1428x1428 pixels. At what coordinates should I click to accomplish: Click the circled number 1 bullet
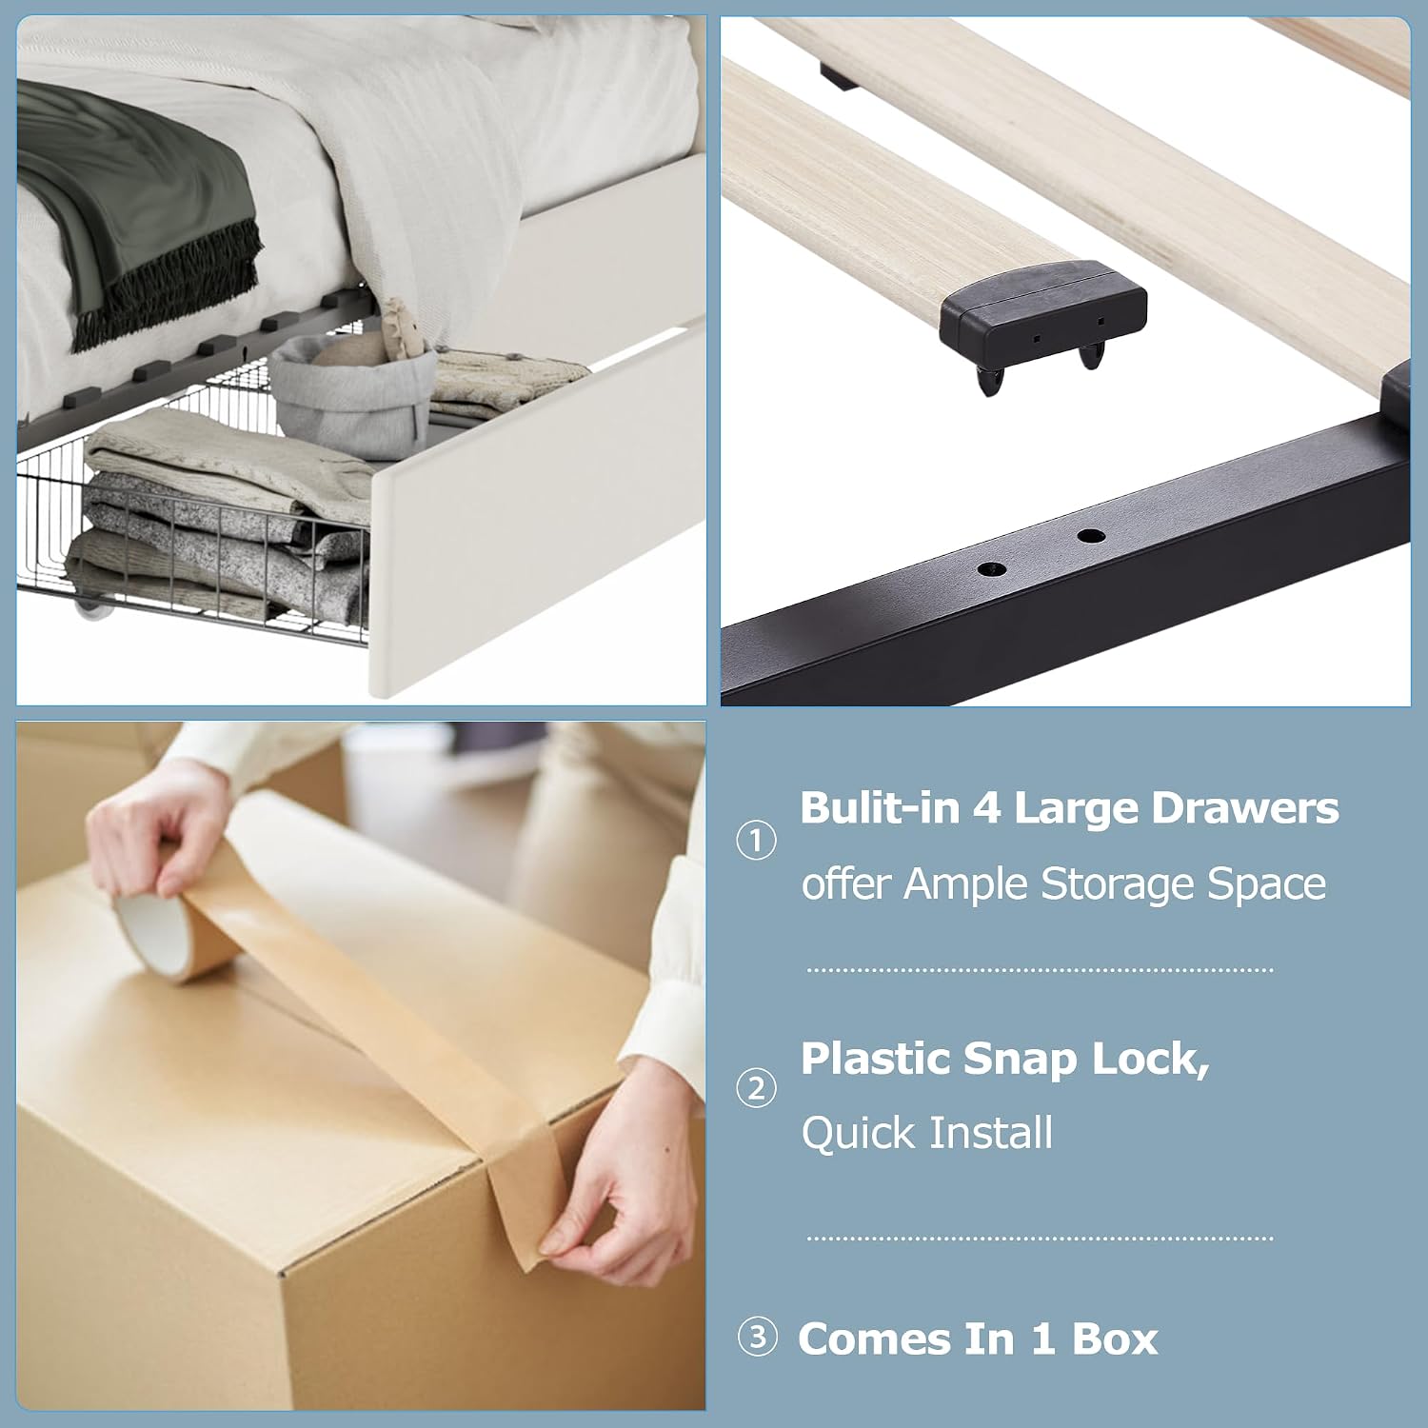(757, 841)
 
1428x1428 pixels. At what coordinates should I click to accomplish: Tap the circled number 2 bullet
(757, 1088)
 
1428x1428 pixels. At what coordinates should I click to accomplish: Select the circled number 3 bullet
(758, 1338)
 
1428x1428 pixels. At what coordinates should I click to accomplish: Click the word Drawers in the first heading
(1245, 808)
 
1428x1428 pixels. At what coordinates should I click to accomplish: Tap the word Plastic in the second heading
(876, 1058)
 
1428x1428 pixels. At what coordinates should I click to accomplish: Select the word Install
(991, 1133)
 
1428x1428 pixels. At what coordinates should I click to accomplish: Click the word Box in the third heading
(1115, 1339)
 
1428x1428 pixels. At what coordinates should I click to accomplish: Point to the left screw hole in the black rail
(992, 569)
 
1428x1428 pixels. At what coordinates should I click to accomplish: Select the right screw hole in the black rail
(1091, 536)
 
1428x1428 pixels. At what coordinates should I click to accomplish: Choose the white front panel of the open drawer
(538, 514)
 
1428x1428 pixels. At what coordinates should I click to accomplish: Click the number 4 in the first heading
(986, 808)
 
